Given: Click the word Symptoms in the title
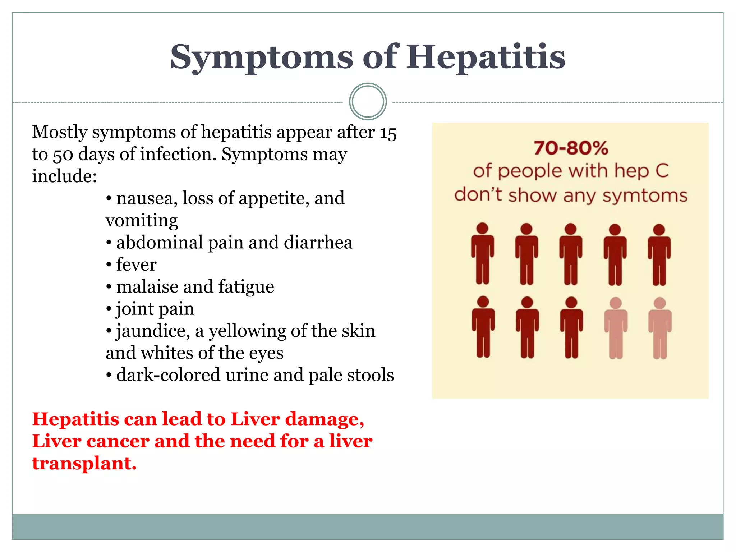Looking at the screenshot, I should click(262, 57).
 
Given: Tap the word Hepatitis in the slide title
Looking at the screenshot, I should click(486, 57).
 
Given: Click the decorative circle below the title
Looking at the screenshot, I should click(368, 101).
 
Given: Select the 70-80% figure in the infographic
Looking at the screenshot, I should click(571, 148).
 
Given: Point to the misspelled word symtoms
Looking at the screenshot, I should click(645, 196).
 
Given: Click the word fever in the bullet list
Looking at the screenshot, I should click(136, 264).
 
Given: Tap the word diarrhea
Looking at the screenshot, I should click(318, 242).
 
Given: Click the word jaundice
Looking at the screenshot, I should click(152, 331).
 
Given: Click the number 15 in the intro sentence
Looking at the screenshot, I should click(388, 133).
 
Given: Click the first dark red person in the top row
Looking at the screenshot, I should click(482, 253).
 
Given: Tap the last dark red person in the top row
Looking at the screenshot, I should click(659, 254).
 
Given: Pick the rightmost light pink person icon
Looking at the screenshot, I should click(660, 328).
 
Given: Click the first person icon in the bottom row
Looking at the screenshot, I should click(483, 327).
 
